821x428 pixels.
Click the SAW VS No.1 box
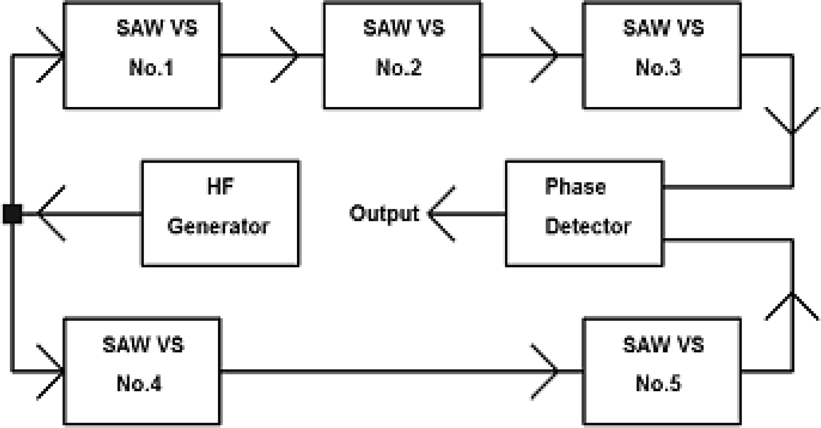[142, 56]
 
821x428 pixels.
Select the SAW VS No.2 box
[402, 56]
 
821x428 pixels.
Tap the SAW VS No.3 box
[662, 56]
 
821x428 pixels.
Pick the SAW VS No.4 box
[142, 371]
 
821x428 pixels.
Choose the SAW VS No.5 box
[662, 371]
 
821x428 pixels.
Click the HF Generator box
[220, 213]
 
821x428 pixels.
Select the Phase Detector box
[584, 213]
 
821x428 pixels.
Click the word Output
[384, 213]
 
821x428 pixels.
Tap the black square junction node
[12, 214]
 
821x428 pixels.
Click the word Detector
[587, 226]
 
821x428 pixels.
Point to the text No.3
[658, 68]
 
